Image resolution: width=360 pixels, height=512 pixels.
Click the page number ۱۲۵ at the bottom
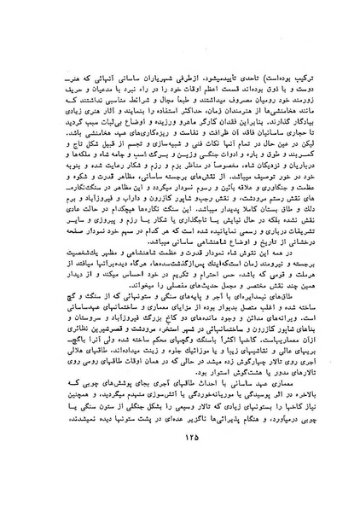(x=182, y=475)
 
